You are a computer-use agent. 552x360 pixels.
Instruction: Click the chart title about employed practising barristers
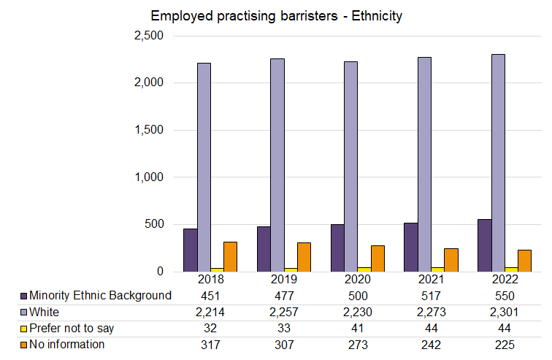point(276,16)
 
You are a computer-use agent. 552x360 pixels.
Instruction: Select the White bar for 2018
point(204,167)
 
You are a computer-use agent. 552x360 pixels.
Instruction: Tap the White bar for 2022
point(499,164)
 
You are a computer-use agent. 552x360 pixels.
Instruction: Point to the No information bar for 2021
point(451,259)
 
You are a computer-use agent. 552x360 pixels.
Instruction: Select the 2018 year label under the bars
point(210,280)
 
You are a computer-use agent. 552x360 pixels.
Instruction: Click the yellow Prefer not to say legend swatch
point(24,329)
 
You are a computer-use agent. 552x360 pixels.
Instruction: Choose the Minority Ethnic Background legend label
point(100,296)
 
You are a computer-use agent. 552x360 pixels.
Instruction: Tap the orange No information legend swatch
point(24,345)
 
